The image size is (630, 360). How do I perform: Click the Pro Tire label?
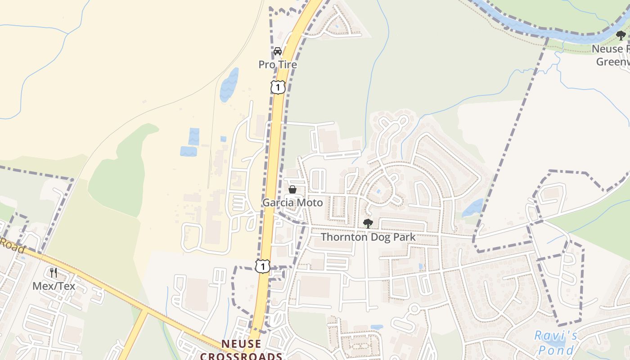point(278,65)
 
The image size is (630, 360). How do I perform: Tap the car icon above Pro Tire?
point(278,51)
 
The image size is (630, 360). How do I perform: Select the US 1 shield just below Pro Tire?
point(278,87)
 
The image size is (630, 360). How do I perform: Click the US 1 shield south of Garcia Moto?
point(262,266)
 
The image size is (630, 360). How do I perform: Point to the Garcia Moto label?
point(292,203)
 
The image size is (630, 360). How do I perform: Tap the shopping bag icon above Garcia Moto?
point(292,189)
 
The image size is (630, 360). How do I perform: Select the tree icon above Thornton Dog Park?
point(368,223)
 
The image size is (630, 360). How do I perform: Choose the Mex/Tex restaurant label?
point(54,286)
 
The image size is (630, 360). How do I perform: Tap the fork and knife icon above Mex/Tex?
point(54,273)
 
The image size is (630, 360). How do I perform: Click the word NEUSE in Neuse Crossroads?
point(241,344)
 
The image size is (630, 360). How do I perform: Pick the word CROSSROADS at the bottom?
point(241,356)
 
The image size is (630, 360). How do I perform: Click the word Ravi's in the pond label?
point(556,336)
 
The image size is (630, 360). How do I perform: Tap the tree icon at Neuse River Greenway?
point(621,36)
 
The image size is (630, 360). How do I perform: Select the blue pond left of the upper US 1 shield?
point(229,84)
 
